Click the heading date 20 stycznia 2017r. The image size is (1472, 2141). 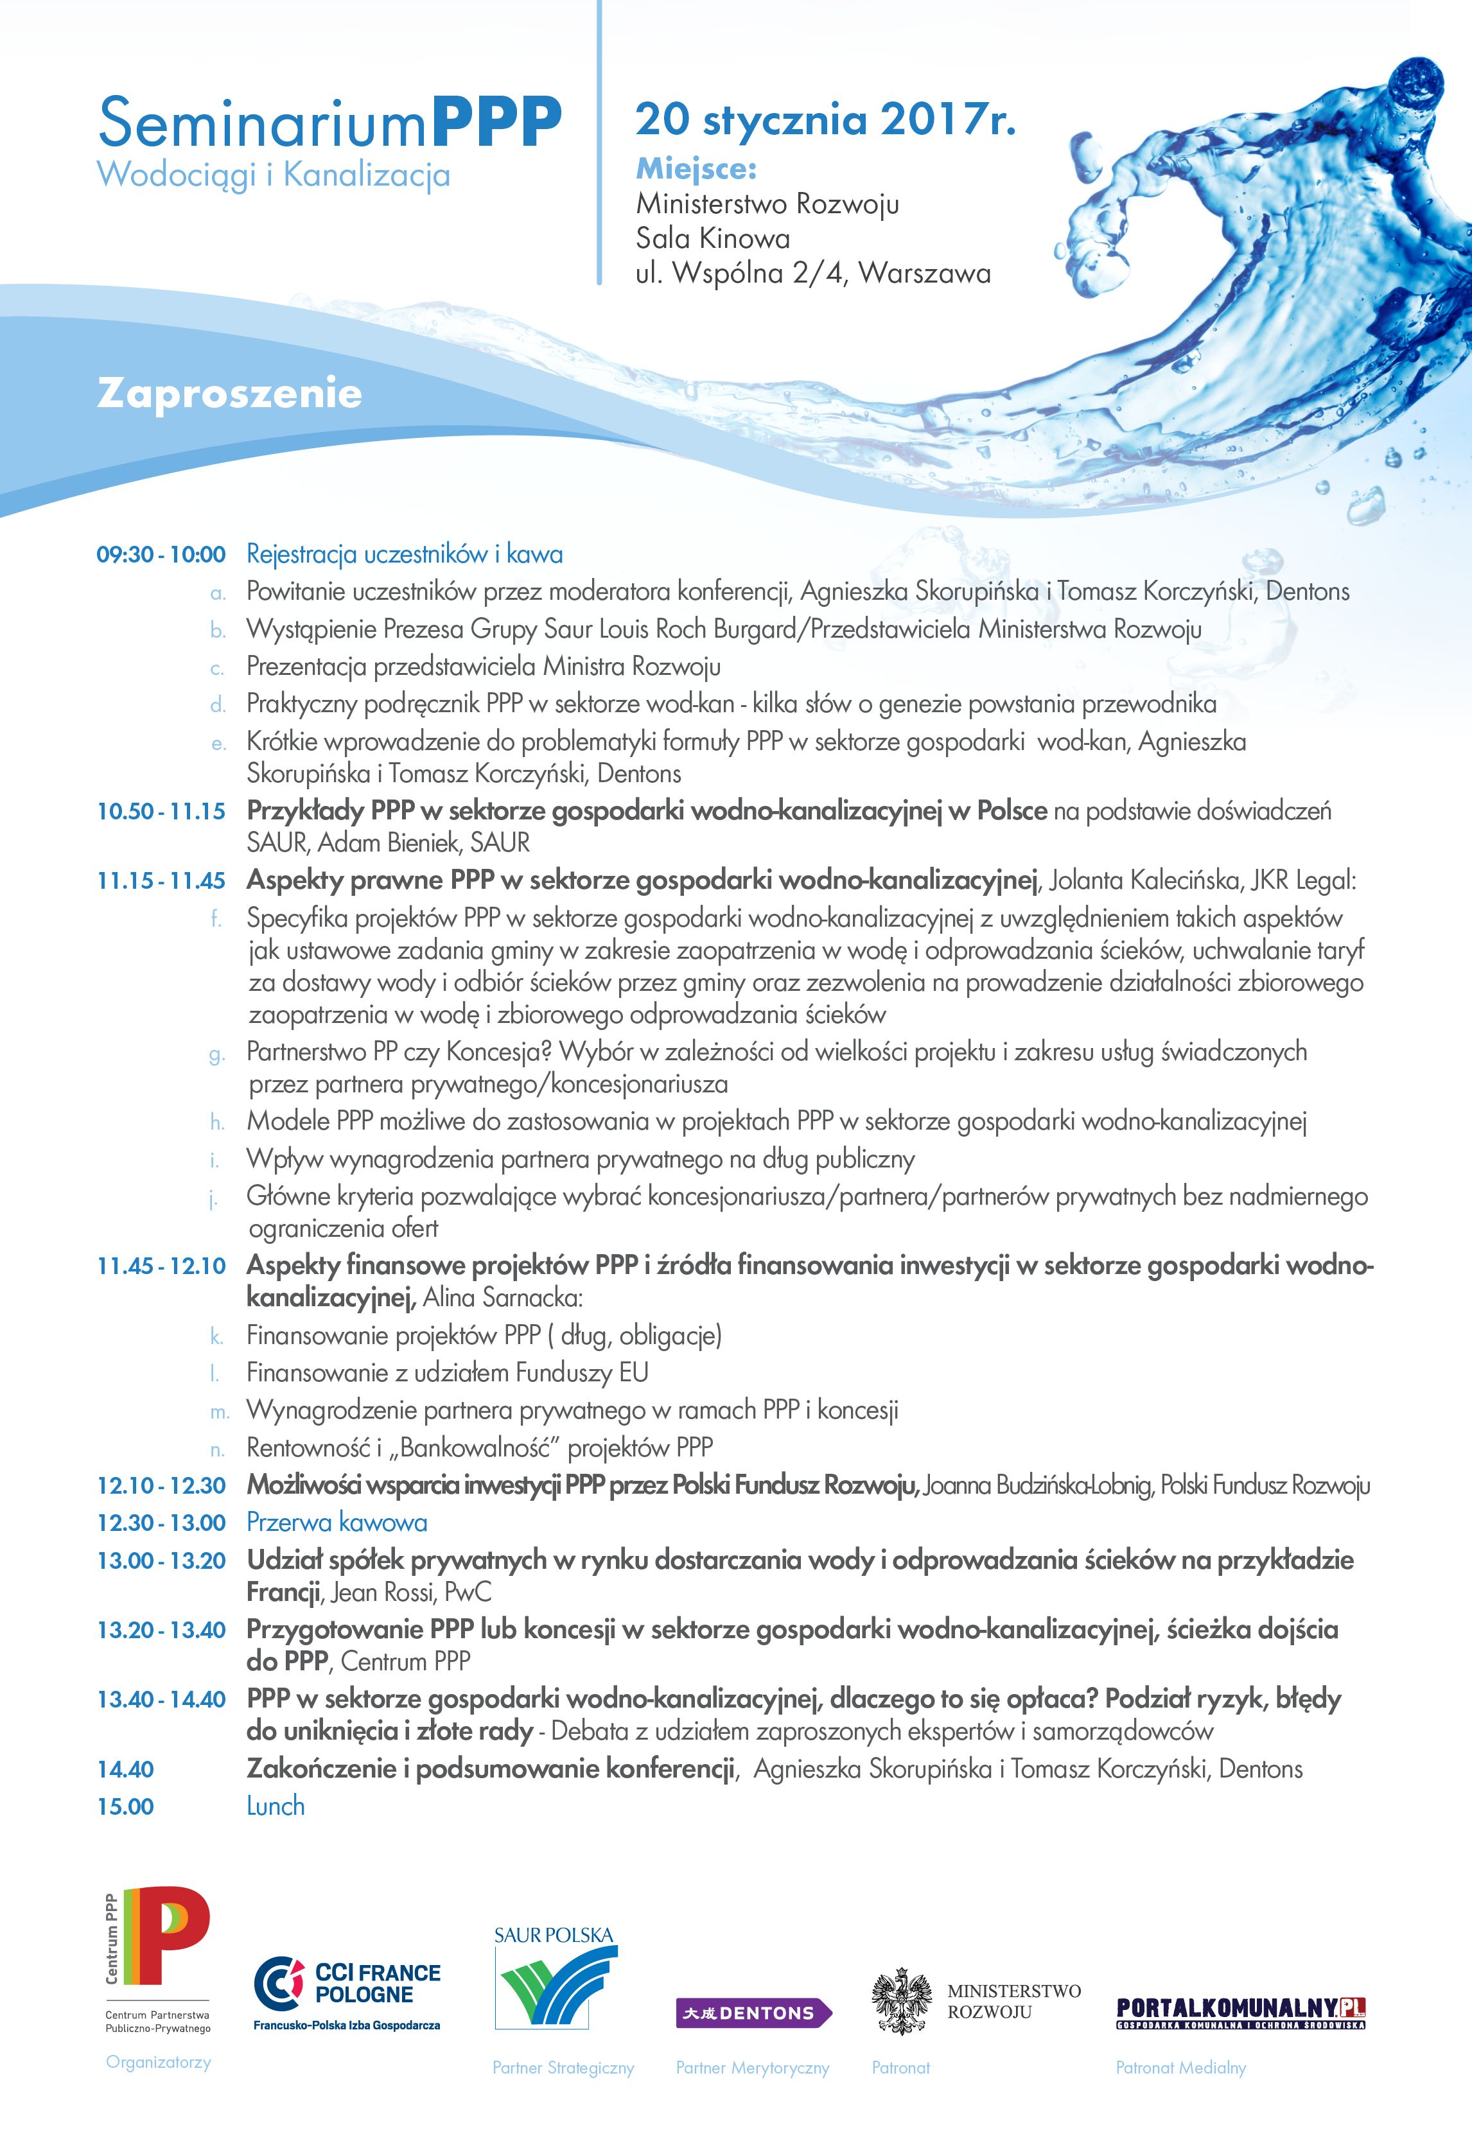click(825, 120)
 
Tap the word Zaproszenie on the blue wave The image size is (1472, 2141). click(229, 394)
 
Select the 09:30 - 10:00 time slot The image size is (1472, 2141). click(161, 554)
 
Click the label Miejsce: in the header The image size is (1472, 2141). click(696, 170)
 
